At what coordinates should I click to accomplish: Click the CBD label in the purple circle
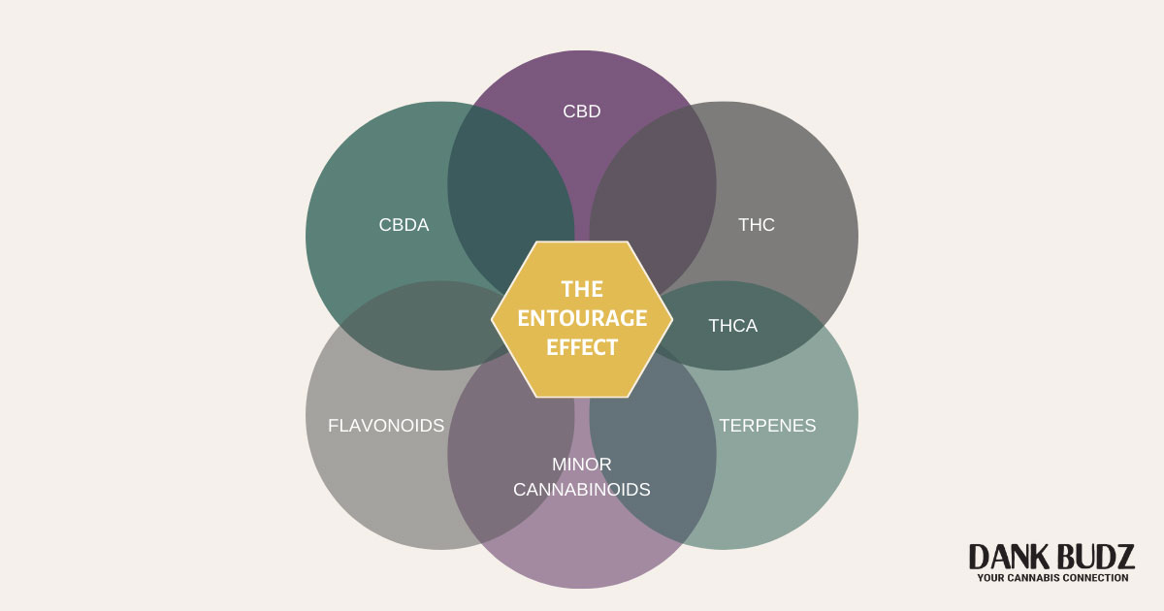pyautogui.click(x=582, y=112)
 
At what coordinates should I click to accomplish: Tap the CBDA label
pyautogui.click(x=404, y=225)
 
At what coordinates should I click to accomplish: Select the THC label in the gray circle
pyautogui.click(x=757, y=225)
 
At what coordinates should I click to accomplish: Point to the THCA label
pyautogui.click(x=732, y=326)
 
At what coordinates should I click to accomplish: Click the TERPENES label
pyautogui.click(x=767, y=425)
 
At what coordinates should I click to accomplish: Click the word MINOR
pyautogui.click(x=582, y=465)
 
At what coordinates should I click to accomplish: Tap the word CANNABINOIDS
pyautogui.click(x=582, y=489)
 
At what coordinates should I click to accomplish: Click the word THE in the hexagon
pyautogui.click(x=582, y=289)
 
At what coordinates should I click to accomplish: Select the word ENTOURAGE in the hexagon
pyautogui.click(x=582, y=318)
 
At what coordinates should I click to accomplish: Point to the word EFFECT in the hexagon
pyautogui.click(x=582, y=347)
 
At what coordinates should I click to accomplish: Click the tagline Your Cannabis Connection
pyautogui.click(x=1051, y=578)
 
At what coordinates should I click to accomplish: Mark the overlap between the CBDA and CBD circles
pyautogui.click(x=509, y=194)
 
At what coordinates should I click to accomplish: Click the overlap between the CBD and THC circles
pyautogui.click(x=652, y=194)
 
